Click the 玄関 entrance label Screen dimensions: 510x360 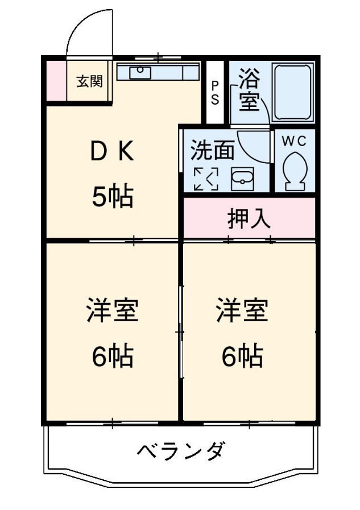coord(90,81)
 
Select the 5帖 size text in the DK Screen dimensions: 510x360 coord(113,197)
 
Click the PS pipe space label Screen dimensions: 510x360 coord(216,92)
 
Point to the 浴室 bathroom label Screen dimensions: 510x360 coord(249,89)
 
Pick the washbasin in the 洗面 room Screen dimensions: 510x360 coord(243,181)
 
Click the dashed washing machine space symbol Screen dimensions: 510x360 coord(205,179)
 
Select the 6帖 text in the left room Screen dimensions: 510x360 coord(113,356)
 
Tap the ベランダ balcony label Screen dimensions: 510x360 coord(181,452)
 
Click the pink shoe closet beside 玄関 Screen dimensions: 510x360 coord(56,80)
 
